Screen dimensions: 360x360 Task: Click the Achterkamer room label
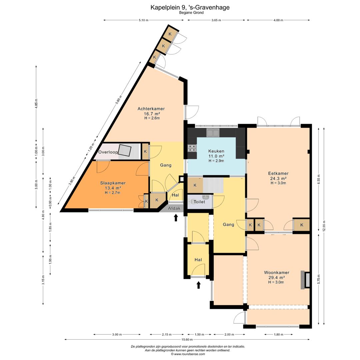[x=151, y=109]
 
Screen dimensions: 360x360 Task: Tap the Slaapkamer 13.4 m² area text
[x=113, y=188]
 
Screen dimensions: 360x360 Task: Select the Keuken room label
[x=216, y=151]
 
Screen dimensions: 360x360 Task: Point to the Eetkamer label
[x=278, y=174]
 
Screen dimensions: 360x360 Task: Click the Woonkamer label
[x=277, y=273]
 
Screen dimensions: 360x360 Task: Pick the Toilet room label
[x=199, y=202]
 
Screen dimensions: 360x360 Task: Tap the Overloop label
[x=108, y=152]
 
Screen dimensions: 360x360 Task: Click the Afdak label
[x=174, y=208]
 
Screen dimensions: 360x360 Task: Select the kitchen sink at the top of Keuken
[x=213, y=133]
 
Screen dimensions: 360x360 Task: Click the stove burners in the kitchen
[x=192, y=148]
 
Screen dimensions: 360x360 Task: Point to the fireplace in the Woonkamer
[x=305, y=280]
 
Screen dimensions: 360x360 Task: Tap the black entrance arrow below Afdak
[x=176, y=218]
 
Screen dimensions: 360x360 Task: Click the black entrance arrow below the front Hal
[x=199, y=285]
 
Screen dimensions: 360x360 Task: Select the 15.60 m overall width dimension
[x=187, y=339]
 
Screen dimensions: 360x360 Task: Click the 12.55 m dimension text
[x=324, y=227]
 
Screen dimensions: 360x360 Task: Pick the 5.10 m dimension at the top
[x=143, y=20]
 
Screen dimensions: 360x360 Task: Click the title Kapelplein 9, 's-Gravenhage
[x=190, y=7]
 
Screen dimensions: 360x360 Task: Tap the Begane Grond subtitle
[x=191, y=13]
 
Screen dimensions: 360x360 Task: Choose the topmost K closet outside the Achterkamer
[x=170, y=34]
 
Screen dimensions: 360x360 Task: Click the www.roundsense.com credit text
[x=188, y=354]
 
